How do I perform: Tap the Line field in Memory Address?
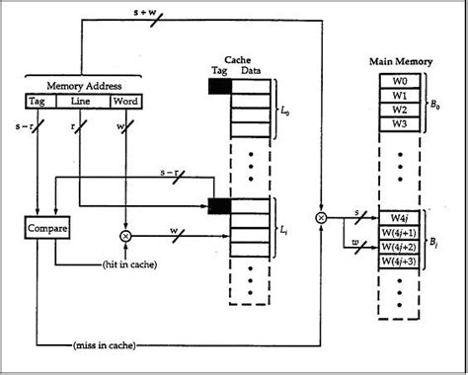(80, 101)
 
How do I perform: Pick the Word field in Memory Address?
(124, 101)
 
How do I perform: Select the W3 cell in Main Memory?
(400, 124)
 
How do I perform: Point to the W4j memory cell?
(400, 218)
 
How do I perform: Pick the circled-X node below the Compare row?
(125, 237)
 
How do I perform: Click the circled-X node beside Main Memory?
(321, 215)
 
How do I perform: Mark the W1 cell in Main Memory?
(400, 96)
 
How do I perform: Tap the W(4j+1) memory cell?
(400, 232)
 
